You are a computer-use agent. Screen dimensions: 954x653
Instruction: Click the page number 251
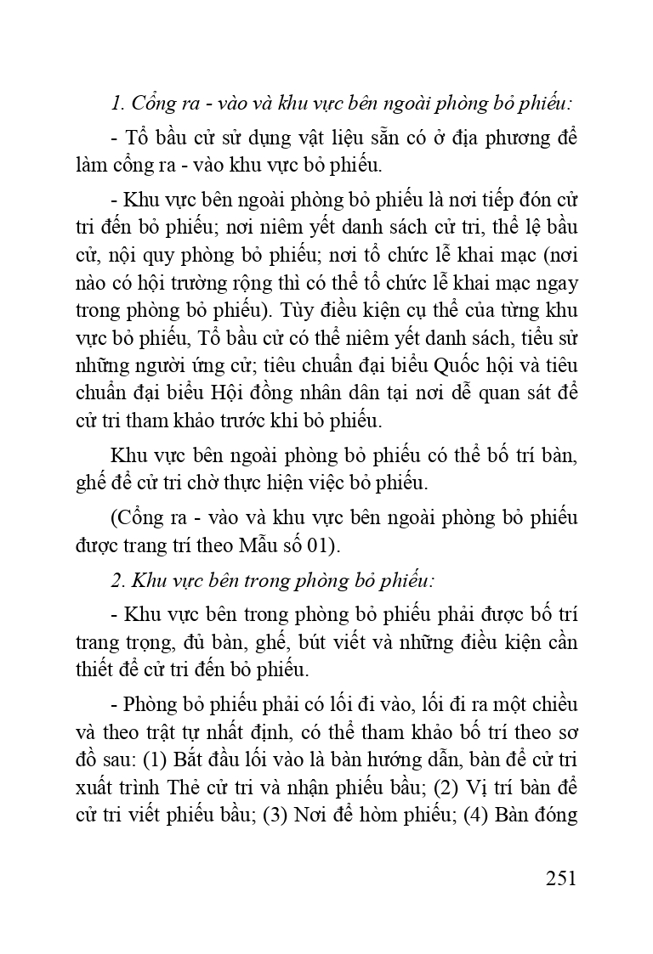[x=560, y=877]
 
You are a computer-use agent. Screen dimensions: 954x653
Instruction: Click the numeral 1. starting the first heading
[x=117, y=104]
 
